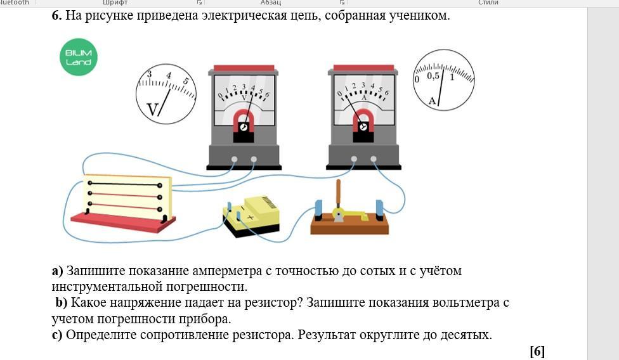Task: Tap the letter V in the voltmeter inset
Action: click(153, 109)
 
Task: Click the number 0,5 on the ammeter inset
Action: click(433, 76)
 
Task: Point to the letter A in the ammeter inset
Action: click(433, 101)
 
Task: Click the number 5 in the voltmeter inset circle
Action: click(186, 81)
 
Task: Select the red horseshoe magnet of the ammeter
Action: click(363, 119)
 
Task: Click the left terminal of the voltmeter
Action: click(235, 159)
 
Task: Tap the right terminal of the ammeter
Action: click(374, 159)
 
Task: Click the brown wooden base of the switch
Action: click(349, 225)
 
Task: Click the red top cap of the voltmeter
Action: click(244, 68)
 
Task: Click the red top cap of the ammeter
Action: click(363, 68)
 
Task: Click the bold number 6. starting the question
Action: click(57, 16)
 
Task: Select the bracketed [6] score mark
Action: click(537, 351)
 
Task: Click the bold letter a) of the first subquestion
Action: click(58, 271)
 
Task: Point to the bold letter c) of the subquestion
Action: click(57, 335)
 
